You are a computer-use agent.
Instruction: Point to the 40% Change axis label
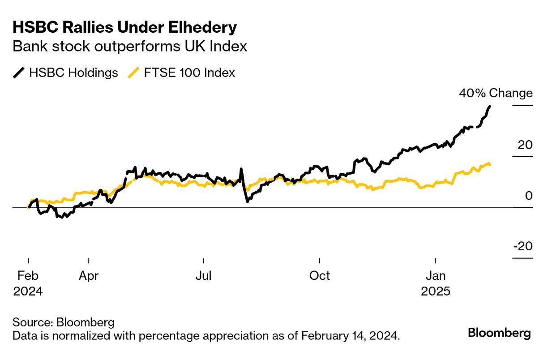(496, 93)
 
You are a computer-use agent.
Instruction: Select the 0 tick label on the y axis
(529, 196)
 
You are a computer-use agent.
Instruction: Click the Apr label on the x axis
(89, 276)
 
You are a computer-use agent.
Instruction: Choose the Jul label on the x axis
(204, 276)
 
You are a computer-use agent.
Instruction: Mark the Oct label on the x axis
(320, 276)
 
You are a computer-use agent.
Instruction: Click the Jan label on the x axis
(436, 276)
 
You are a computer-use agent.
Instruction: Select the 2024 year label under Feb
(28, 291)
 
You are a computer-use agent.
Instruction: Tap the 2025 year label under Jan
(436, 291)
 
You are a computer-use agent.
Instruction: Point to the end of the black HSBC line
(490, 107)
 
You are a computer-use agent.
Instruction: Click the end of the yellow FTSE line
(490, 165)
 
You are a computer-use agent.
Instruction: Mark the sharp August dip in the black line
(247, 201)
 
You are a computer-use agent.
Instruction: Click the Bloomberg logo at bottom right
(499, 333)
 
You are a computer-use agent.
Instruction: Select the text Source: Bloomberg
(64, 322)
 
